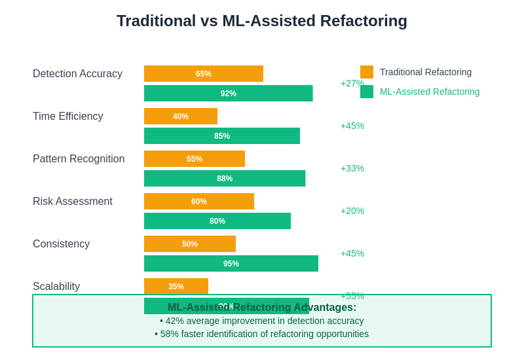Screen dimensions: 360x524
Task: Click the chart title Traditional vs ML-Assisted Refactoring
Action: pyautogui.click(x=262, y=21)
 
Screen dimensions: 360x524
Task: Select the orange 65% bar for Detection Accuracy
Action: pyautogui.click(x=204, y=73)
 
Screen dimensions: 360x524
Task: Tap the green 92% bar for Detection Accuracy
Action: pyautogui.click(x=228, y=93)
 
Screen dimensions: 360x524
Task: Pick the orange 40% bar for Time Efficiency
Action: pyautogui.click(x=181, y=116)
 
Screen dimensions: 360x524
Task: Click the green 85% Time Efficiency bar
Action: pyautogui.click(x=222, y=135)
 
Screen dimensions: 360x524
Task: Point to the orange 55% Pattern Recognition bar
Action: pyautogui.click(x=195, y=158)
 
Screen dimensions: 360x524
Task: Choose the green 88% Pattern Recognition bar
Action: pyautogui.click(x=225, y=178)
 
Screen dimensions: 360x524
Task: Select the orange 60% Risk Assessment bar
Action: pyautogui.click(x=199, y=201)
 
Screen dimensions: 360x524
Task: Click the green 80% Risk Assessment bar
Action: pyautogui.click(x=217, y=221)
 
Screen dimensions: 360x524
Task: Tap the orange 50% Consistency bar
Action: pyautogui.click(x=190, y=243)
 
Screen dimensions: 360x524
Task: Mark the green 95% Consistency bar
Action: pyautogui.click(x=231, y=263)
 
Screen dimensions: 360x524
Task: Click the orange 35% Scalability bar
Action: pyautogui.click(x=176, y=286)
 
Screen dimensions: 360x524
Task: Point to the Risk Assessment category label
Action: pyautogui.click(x=73, y=202)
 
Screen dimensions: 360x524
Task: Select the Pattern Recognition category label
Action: pyautogui.click(x=79, y=159)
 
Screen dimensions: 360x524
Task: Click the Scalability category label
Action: pyautogui.click(x=56, y=287)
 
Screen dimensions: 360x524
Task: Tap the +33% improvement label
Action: pyautogui.click(x=352, y=168)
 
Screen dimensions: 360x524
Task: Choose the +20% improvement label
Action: pyautogui.click(x=352, y=211)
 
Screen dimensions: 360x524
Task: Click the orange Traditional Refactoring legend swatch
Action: pyautogui.click(x=367, y=72)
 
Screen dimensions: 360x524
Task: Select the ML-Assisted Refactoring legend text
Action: pyautogui.click(x=430, y=92)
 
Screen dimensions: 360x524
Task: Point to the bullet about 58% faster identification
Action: pyautogui.click(x=262, y=334)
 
